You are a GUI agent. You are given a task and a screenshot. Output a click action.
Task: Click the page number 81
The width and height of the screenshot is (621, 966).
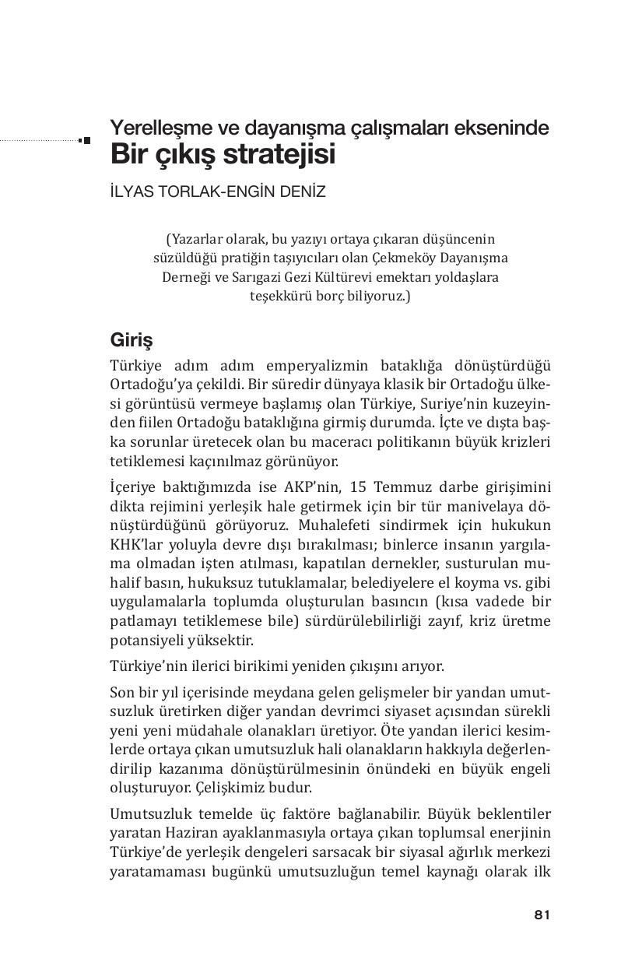pyautogui.click(x=542, y=915)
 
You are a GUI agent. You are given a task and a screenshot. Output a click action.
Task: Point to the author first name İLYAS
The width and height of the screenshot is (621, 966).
pyautogui.click(x=133, y=191)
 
